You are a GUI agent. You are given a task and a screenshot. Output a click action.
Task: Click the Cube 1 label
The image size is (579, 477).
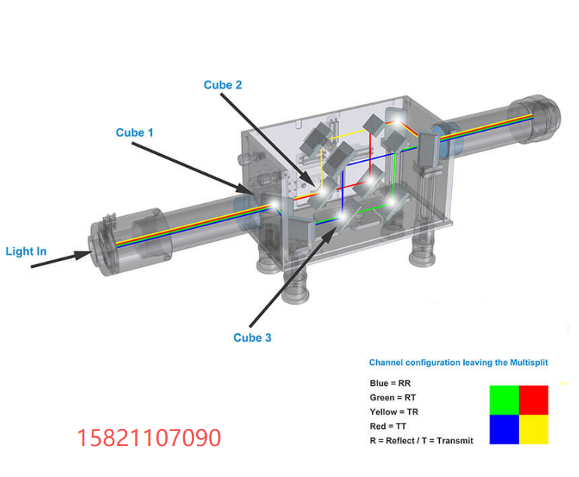[135, 132]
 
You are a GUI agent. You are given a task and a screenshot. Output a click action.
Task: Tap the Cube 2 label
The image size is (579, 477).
[223, 85]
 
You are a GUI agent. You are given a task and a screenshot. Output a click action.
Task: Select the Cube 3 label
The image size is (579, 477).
[252, 338]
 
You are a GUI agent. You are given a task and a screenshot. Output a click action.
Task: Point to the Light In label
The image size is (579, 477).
[26, 251]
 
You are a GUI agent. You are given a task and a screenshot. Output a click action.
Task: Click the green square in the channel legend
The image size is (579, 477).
[504, 400]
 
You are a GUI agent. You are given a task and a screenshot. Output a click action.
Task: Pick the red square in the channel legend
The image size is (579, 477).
[534, 400]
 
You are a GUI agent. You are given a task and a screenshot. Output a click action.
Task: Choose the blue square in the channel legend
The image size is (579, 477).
[504, 430]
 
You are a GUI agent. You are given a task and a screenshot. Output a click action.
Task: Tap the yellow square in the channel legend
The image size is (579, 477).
[534, 430]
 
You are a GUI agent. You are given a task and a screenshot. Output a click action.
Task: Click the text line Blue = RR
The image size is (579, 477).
[390, 383]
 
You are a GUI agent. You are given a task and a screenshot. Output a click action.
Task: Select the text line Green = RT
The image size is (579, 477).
[393, 397]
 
